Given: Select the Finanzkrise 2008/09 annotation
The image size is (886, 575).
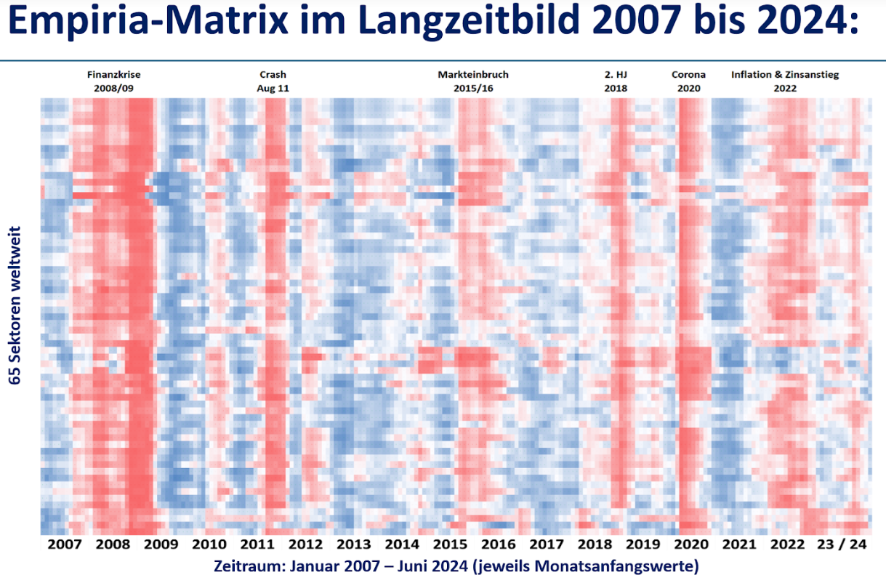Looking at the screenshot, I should (113, 81).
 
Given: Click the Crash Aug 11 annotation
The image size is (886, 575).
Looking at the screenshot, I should (273, 81).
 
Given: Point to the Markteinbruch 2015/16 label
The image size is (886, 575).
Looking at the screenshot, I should (472, 81).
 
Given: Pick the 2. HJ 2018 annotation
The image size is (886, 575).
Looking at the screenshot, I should (615, 81).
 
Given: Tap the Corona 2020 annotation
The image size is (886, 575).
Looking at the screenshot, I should (688, 81).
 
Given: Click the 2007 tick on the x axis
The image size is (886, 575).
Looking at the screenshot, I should (65, 544).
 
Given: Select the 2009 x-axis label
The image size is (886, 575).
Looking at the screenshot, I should (161, 544).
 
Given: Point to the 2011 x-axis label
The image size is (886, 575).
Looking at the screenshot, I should (257, 544).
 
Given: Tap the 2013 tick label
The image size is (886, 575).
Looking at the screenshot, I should (354, 544).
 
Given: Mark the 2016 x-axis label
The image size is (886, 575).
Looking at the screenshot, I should (499, 544).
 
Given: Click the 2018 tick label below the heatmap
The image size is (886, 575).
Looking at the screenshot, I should (595, 544).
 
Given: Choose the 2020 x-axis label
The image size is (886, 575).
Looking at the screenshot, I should (691, 544).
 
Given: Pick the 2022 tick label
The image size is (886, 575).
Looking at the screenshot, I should (788, 544).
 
